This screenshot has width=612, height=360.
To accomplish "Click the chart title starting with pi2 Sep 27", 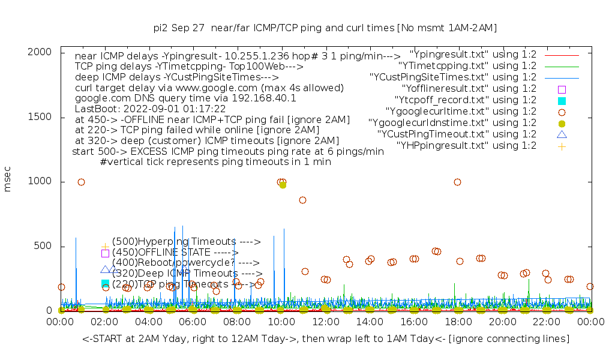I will click(325, 28).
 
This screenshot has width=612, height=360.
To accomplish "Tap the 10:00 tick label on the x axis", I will click(281, 322).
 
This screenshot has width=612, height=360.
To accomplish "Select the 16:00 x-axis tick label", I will click(413, 322).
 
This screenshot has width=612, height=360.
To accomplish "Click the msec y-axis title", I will click(8, 181).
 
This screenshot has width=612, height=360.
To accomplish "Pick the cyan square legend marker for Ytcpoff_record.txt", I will click(562, 100).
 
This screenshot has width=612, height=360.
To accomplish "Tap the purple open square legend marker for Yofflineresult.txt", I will click(562, 89).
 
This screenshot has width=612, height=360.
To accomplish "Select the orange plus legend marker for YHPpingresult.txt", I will click(562, 146).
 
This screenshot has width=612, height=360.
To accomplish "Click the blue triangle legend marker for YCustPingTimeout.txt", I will click(562, 134).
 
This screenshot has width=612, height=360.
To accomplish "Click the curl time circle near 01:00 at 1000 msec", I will click(81, 182).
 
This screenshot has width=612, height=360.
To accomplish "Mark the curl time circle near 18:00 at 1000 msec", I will click(457, 182).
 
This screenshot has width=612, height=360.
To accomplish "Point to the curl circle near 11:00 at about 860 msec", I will click(302, 200).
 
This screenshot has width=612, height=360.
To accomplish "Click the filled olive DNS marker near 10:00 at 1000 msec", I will click(283, 185).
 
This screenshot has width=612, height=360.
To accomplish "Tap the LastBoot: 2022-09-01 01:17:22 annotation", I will click(150, 109).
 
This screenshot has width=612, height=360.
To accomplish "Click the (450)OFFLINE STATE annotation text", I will click(175, 253).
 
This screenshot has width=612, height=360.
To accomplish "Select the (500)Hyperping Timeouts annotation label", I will click(186, 242).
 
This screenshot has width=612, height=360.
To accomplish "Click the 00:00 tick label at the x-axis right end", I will click(590, 322).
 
